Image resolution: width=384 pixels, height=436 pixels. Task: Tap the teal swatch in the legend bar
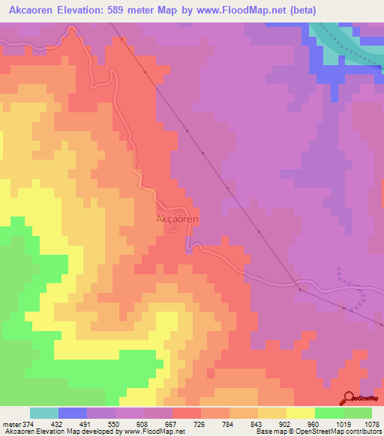(x=44, y=413)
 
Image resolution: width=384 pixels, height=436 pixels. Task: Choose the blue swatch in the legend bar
(x=73, y=413)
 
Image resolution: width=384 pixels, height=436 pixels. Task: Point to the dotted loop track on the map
(x=352, y=288)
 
